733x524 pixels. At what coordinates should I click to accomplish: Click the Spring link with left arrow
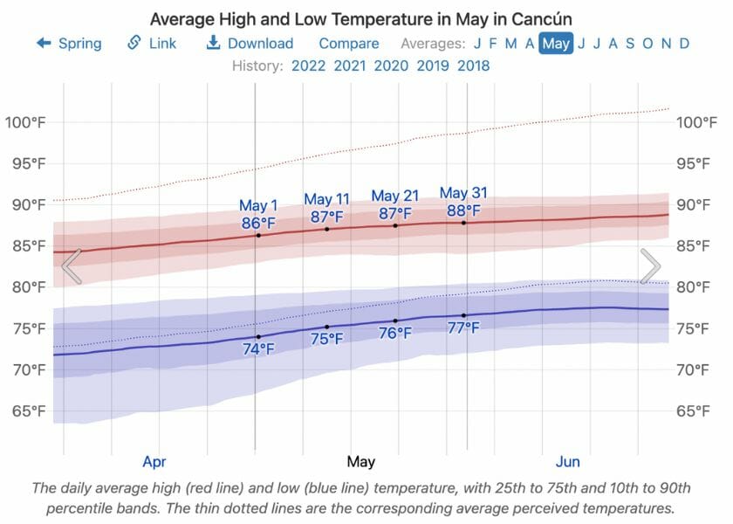(69, 43)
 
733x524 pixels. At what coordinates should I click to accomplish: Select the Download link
(250, 43)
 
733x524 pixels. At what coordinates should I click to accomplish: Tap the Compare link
(348, 43)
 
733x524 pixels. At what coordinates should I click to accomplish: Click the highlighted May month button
(556, 43)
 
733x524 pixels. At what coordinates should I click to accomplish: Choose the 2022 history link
(309, 65)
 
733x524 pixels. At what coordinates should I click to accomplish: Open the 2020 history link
(391, 65)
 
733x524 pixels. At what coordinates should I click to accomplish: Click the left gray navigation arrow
(72, 266)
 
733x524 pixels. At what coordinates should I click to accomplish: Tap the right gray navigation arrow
(650, 266)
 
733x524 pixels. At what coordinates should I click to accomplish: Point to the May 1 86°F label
(259, 215)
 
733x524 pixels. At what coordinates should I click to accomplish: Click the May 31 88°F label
(463, 202)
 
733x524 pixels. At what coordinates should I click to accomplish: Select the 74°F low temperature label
(258, 349)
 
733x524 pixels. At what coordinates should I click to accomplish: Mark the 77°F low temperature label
(463, 328)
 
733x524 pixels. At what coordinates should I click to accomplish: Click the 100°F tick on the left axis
(25, 122)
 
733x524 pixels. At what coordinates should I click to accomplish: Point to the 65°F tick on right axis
(697, 410)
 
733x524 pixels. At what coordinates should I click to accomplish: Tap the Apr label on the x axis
(154, 461)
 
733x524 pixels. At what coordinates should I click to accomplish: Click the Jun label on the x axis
(567, 461)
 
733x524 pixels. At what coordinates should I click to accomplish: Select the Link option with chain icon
(152, 43)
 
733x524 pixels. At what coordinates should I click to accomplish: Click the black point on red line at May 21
(395, 225)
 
